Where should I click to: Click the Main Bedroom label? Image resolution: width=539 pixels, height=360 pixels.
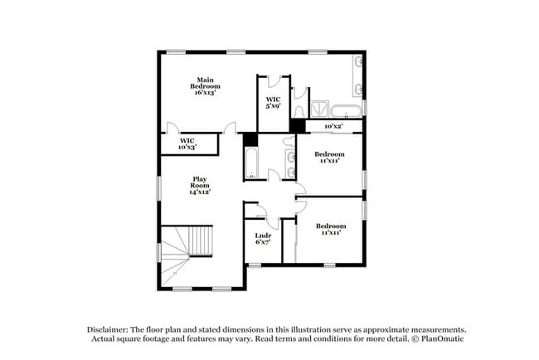206,82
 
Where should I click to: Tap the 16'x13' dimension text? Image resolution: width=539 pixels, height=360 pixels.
206,93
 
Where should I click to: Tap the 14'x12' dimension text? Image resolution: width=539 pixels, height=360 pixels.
200,192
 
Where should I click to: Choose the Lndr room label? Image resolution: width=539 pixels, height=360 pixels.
261,236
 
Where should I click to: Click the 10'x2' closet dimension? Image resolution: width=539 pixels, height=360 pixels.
333,126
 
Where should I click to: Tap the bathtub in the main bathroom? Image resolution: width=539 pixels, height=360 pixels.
345,109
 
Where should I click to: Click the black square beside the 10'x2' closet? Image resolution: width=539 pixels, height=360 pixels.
297,125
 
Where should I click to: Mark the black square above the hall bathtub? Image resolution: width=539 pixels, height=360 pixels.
250,139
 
